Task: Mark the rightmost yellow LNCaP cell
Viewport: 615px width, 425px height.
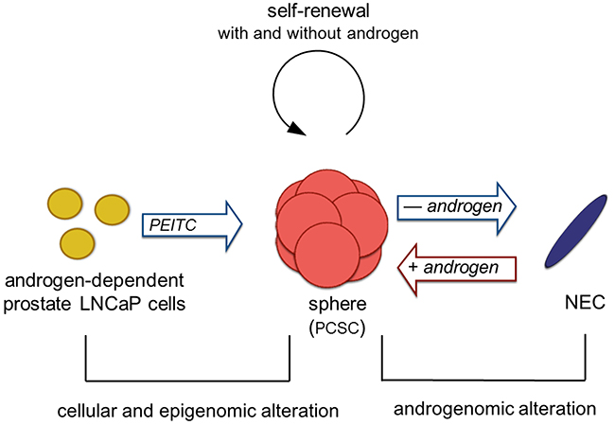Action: (113, 210)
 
